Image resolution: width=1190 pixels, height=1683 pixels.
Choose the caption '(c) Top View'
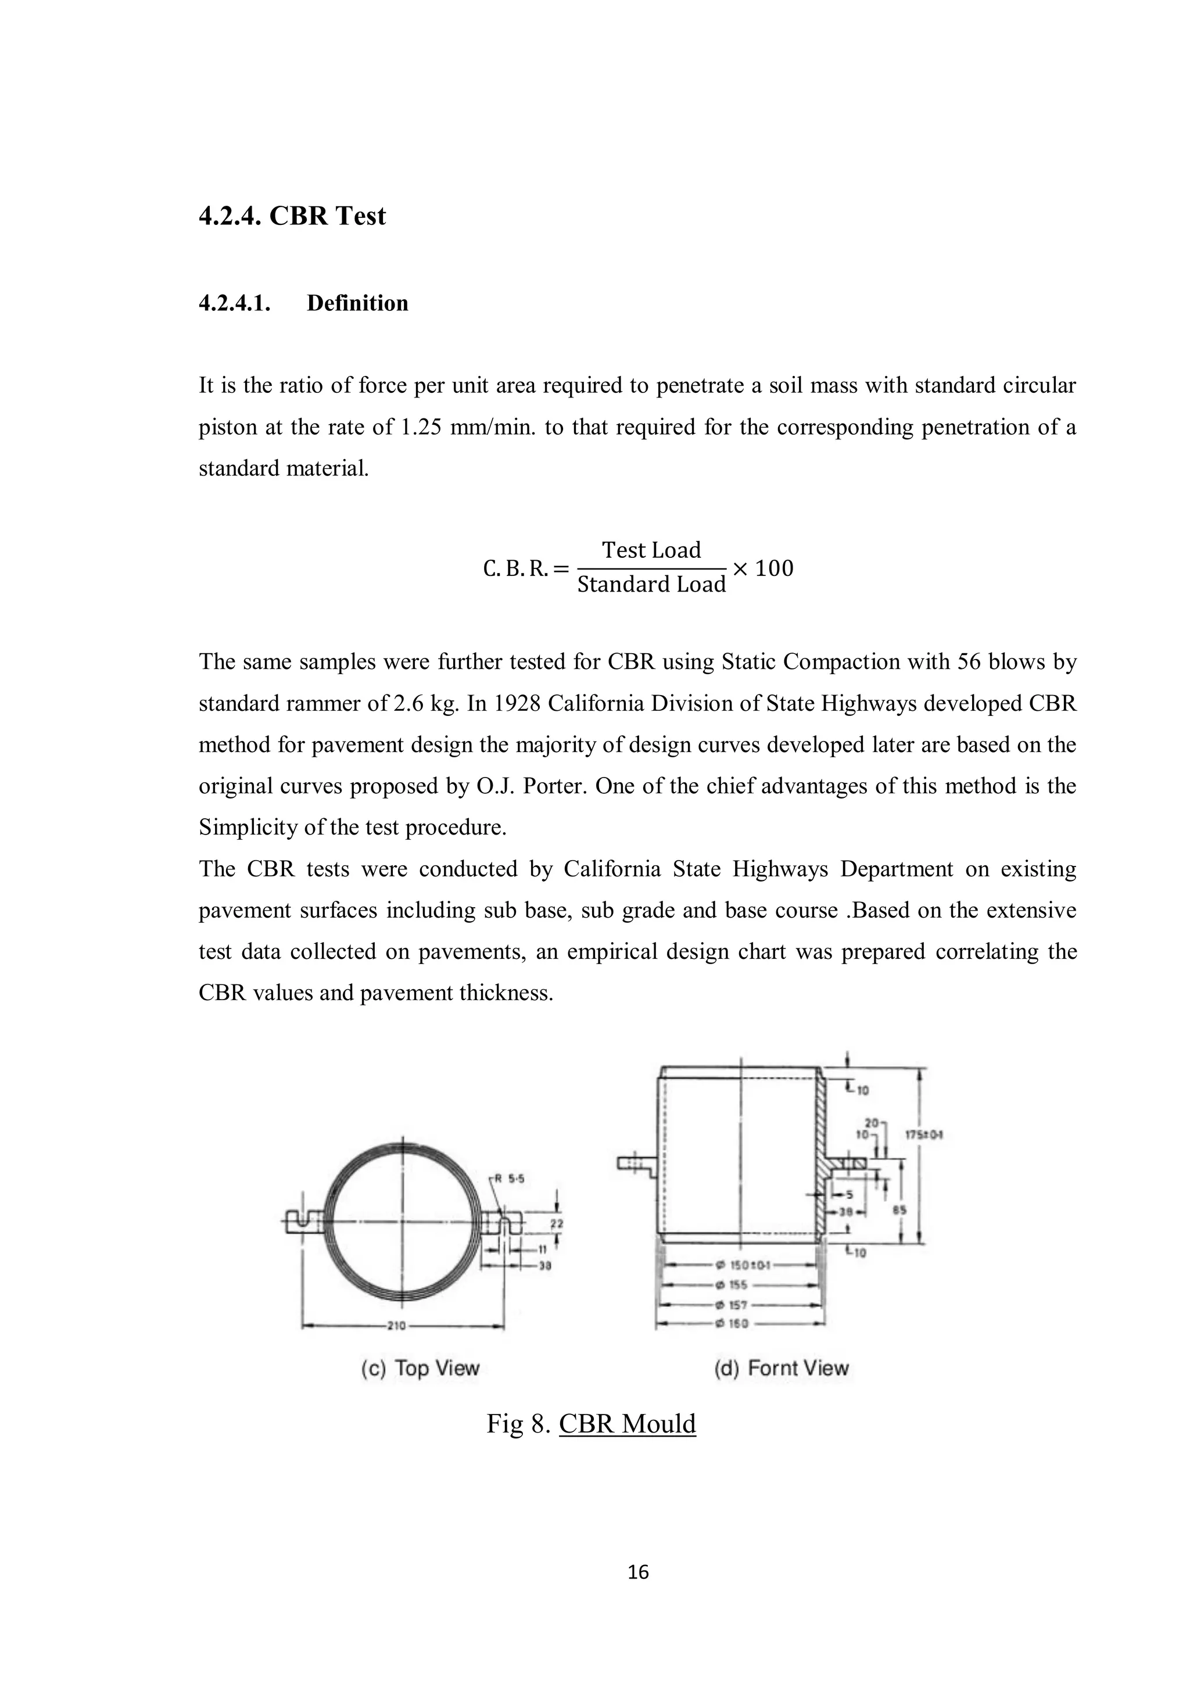[420, 1369]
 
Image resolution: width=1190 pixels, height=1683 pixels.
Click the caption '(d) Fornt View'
[781, 1369]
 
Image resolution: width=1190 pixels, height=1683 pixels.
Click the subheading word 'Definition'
[357, 303]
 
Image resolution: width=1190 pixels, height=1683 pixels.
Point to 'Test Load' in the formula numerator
[651, 550]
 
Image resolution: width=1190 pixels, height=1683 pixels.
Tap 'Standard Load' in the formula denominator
[651, 584]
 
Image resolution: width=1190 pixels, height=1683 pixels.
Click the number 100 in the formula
[774, 568]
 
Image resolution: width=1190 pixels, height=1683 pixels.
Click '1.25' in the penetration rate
[421, 427]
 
